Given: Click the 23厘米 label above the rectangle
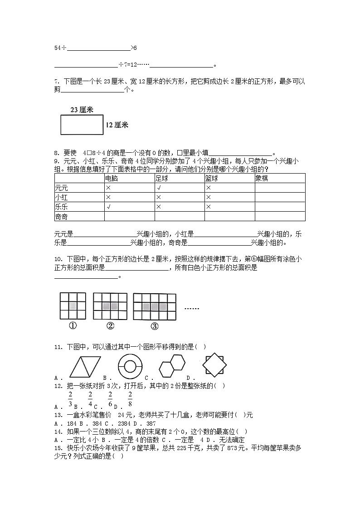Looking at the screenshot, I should click(x=82, y=110).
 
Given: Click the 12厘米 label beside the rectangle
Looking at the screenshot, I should click(x=117, y=125).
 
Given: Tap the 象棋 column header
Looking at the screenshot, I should click(x=262, y=178).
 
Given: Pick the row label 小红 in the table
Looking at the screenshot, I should click(x=61, y=197).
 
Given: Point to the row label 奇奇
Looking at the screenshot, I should click(x=61, y=217).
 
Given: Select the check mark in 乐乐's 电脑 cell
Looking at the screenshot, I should click(x=108, y=207).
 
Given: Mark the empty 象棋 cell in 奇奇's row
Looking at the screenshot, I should click(x=279, y=217).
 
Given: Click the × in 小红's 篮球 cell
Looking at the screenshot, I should click(x=208, y=197).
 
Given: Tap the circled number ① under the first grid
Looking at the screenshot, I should click(x=73, y=326).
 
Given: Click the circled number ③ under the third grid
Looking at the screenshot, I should click(x=154, y=326).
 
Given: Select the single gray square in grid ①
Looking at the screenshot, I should click(x=73, y=306).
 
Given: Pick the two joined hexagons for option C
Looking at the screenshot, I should click(x=172, y=365).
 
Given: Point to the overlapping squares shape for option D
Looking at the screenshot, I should click(x=214, y=364).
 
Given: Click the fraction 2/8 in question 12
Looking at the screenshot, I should click(x=130, y=398).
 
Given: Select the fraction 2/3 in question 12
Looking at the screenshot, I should click(x=70, y=398).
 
